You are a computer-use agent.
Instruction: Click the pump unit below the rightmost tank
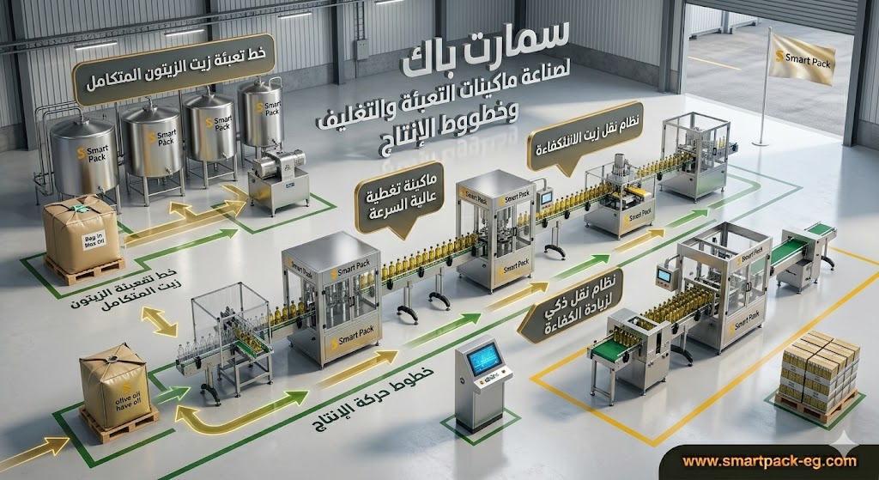click(x=277, y=180)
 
